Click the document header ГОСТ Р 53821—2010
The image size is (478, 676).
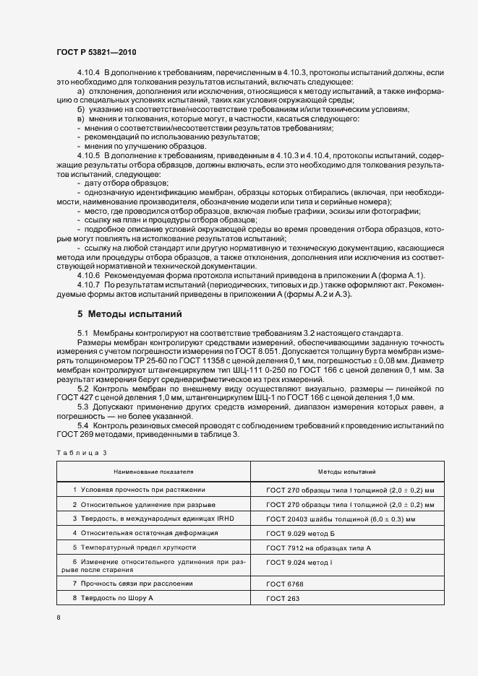pos(96,53)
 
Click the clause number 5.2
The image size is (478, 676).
pos(82,389)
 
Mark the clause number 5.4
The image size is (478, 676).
pos(82,427)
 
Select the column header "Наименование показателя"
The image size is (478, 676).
pos(153,471)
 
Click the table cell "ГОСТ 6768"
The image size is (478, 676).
pos(285,584)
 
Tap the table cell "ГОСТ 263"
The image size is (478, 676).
pos(283,599)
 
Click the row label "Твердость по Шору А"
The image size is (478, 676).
pos(115,599)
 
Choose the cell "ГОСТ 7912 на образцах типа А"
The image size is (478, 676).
pos(318,548)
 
